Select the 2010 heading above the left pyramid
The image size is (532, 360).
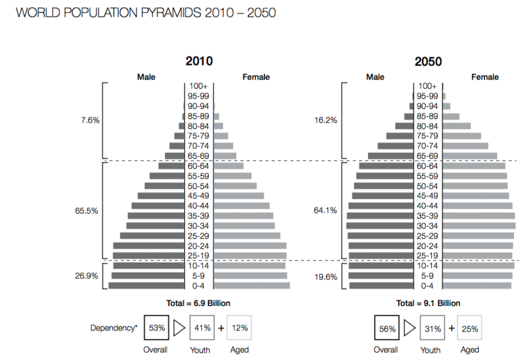click(199, 61)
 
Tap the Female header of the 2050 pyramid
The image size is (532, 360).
click(484, 77)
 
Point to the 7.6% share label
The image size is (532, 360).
click(90, 120)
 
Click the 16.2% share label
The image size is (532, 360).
click(326, 120)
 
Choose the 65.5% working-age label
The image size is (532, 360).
click(87, 211)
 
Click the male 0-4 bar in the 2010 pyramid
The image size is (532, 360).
click(147, 286)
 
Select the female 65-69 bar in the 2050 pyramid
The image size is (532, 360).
click(468, 156)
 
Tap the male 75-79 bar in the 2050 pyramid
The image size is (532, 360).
click(399, 136)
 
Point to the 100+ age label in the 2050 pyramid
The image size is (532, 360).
click(427, 86)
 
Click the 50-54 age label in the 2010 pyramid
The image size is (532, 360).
click(199, 186)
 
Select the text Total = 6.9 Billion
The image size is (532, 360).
click(199, 303)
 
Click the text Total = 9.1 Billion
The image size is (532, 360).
click(429, 303)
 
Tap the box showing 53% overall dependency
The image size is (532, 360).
click(157, 328)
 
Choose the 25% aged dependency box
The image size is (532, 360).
click(470, 329)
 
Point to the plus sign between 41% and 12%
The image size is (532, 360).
click(221, 328)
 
